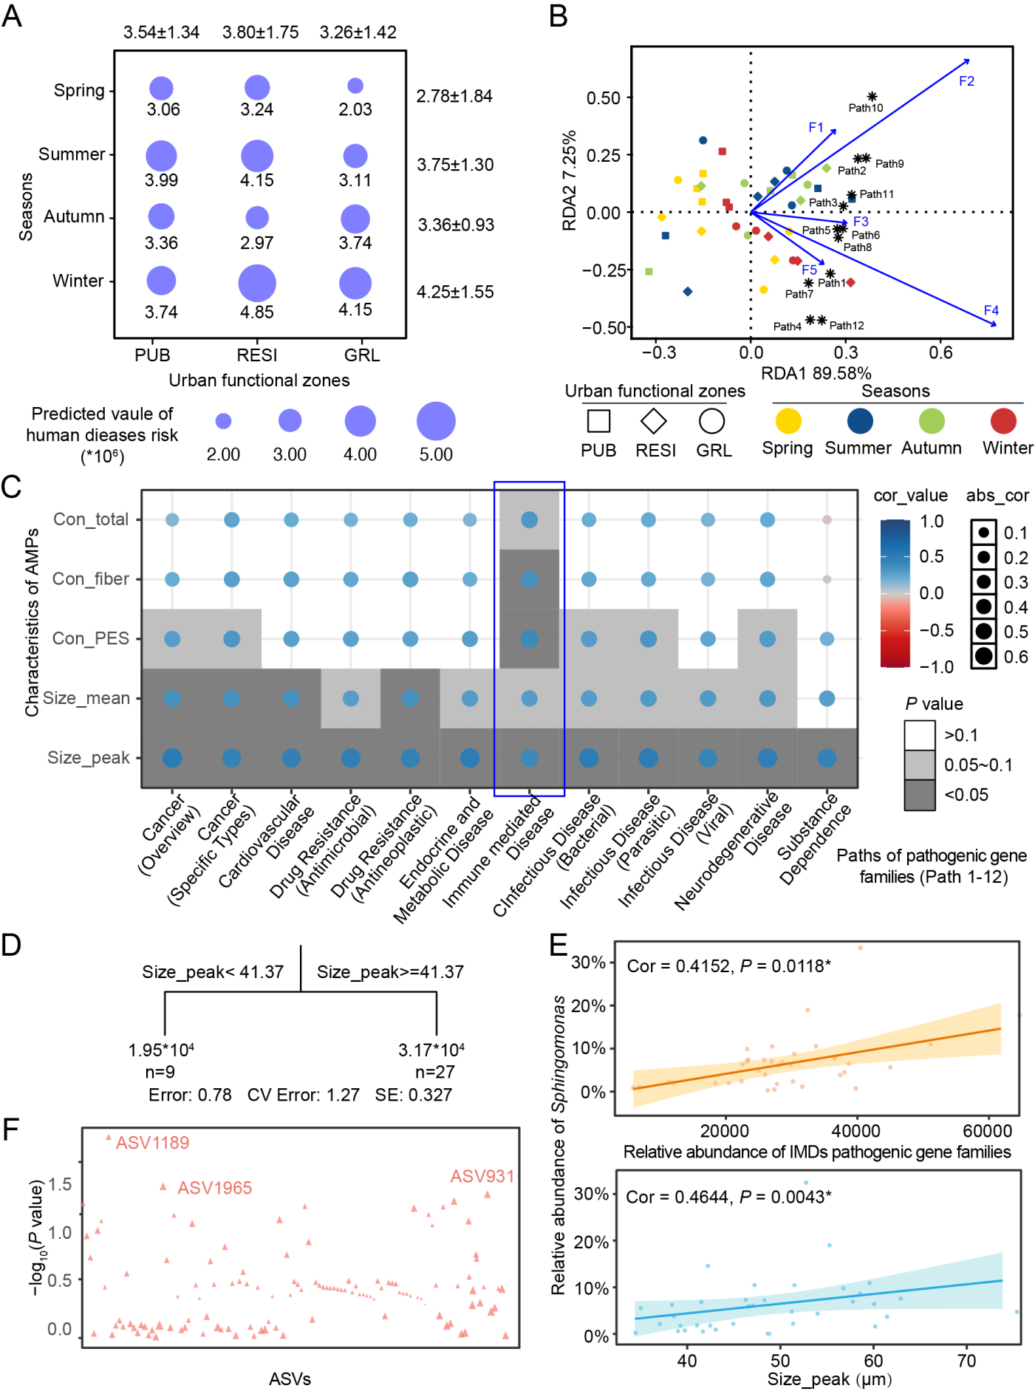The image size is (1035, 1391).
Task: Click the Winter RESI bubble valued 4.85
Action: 257,284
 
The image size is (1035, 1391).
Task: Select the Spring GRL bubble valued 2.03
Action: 355,86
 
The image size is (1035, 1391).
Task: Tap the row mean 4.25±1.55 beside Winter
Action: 455,292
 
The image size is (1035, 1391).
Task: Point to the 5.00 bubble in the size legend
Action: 436,421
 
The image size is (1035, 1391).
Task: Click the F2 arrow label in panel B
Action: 966,81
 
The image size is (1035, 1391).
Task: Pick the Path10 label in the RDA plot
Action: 865,108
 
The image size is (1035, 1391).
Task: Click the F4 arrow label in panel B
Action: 991,310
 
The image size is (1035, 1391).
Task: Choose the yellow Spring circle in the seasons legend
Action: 788,421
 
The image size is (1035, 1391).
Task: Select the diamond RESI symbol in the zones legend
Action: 654,421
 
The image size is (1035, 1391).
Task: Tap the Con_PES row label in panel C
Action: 91,638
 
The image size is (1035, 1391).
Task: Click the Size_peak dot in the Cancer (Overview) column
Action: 172,758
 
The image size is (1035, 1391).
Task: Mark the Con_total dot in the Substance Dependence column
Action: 827,520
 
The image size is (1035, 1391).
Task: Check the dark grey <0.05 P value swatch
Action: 920,796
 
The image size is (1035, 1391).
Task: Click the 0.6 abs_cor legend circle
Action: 983,656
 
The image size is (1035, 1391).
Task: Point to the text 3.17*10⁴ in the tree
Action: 431,1050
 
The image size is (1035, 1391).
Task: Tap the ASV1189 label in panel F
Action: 152,1143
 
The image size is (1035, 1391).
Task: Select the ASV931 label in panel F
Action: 482,1176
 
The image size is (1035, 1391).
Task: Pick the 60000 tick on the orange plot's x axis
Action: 987,1131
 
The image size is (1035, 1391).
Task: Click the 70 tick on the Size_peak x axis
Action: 966,1360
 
